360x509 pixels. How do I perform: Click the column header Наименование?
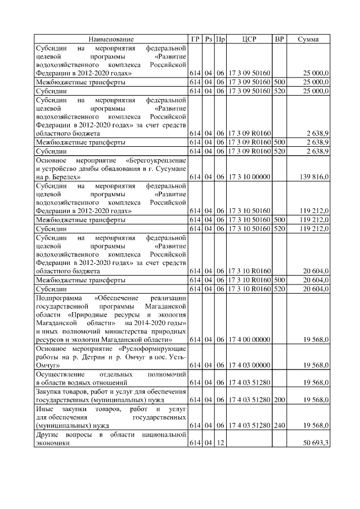pyautogui.click(x=111, y=39)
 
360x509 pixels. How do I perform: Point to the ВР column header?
pyautogui.click(x=279, y=39)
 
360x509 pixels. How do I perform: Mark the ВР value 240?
pyautogui.click(x=279, y=426)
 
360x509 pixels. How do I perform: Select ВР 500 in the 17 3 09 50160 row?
pyautogui.click(x=279, y=82)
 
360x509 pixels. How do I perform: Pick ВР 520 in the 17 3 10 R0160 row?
pyautogui.click(x=279, y=289)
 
